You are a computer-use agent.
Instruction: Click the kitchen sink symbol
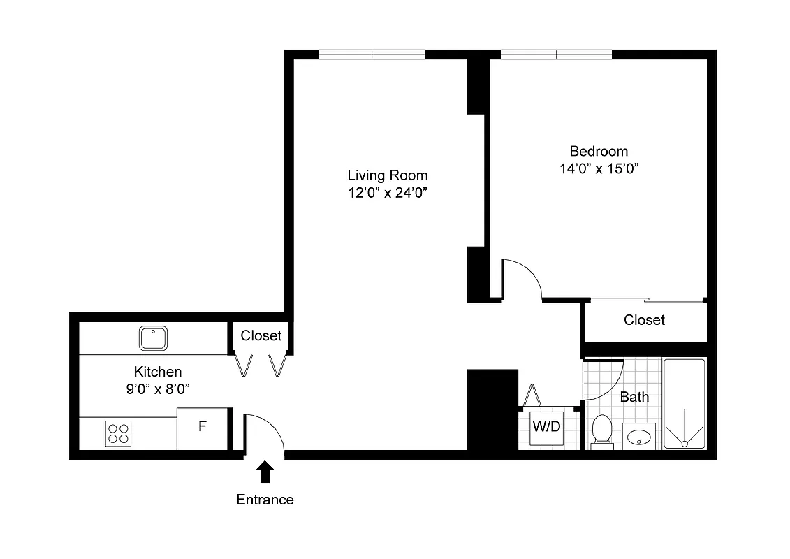click(152, 338)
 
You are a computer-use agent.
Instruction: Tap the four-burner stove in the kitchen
click(117, 433)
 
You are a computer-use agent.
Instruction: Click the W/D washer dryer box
click(546, 427)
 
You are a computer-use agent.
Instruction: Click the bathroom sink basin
click(638, 437)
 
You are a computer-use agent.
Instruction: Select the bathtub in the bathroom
click(684, 403)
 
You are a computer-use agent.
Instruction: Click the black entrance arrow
click(265, 472)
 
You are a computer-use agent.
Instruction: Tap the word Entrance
click(265, 500)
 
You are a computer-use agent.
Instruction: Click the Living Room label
click(387, 175)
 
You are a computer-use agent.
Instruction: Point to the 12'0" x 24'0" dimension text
click(387, 194)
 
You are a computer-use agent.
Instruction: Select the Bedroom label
click(599, 151)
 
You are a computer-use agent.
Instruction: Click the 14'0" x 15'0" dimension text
click(599, 169)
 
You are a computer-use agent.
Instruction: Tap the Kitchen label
click(158, 372)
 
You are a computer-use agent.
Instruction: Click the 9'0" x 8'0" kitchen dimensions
click(158, 389)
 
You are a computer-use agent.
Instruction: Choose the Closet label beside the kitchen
click(261, 335)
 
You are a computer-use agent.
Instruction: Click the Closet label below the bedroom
click(644, 320)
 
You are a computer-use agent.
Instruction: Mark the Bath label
click(634, 397)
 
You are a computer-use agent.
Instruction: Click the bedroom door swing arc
click(531, 273)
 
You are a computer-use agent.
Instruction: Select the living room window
click(372, 55)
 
